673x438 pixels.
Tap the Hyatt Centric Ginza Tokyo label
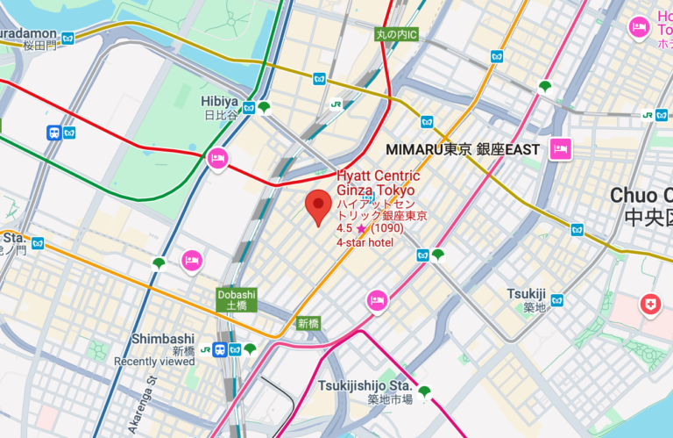(379, 183)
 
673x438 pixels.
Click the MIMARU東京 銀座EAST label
(463, 149)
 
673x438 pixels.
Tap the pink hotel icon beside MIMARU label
(560, 148)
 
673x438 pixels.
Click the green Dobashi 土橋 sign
(237, 300)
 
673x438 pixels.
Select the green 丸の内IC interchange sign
(396, 35)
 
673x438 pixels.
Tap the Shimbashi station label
(163, 339)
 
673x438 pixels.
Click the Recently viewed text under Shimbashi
(154, 361)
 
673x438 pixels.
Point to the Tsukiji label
(526, 294)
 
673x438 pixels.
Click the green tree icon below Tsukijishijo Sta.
(425, 391)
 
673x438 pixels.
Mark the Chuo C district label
(641, 196)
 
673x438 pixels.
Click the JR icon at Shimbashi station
(205, 349)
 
